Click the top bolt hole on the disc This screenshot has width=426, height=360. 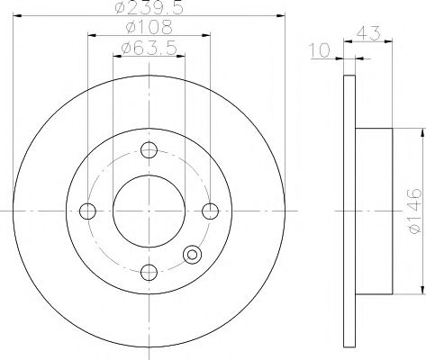point(149,150)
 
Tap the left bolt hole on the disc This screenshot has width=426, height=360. point(87,211)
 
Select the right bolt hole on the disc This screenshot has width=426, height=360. point(210,211)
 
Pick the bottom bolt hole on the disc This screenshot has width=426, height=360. point(149,272)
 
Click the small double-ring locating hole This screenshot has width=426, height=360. point(192,255)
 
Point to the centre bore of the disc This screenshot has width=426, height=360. point(149,211)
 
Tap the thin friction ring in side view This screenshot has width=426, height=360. point(350,211)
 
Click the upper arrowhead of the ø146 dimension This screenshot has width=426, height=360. point(420,132)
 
